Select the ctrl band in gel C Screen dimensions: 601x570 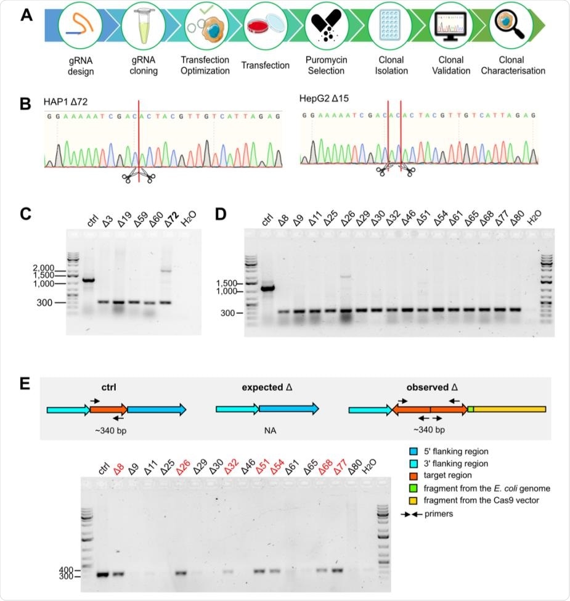pyautogui.click(x=88, y=280)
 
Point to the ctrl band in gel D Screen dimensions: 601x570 pyautogui.click(x=267, y=287)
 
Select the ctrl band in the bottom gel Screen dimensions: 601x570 pyautogui.click(x=103, y=574)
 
